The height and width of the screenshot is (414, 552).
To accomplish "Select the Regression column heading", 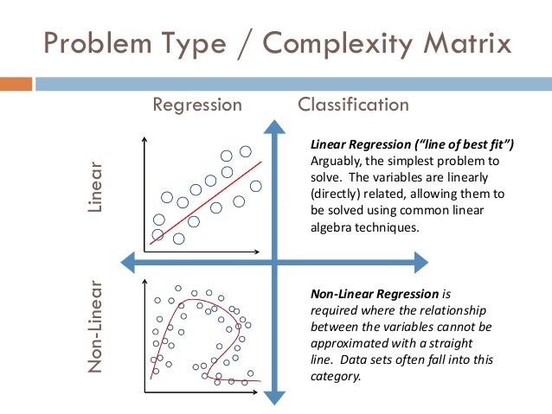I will tap(197, 105).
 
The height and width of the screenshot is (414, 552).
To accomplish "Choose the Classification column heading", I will tap(353, 105).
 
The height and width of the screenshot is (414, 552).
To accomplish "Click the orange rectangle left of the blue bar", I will tap(16, 84).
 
